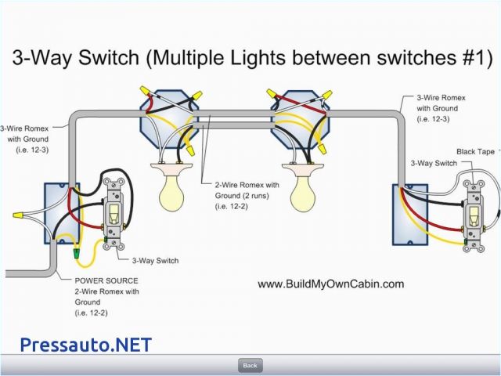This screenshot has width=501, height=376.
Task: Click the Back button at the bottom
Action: pos(250,365)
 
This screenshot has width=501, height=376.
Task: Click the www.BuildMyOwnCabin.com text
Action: pos(330,284)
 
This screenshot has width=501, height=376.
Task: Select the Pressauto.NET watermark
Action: pos(85,344)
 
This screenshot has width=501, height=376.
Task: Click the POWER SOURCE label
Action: pos(106,280)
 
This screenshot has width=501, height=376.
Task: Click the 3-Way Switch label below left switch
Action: pos(154,260)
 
